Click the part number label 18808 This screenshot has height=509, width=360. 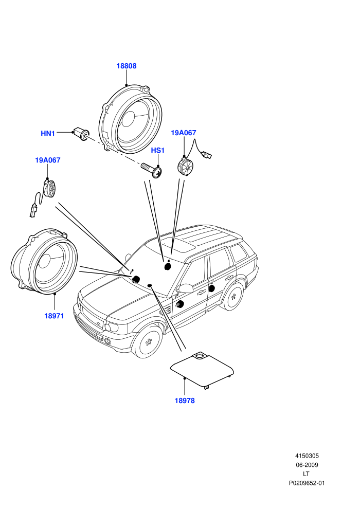tap(127, 66)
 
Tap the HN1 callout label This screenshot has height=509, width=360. tap(48, 133)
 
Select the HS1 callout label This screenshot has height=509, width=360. tap(158, 150)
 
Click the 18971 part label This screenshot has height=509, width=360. tap(54, 316)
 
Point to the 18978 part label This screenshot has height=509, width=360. tap(185, 401)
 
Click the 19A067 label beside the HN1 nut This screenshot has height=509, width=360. tap(48, 160)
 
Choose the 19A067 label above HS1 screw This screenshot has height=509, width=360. tap(184, 133)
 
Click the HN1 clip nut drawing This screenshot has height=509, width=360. tap(81, 133)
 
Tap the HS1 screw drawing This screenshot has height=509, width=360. tap(152, 170)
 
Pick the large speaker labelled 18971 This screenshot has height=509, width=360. tap(44, 262)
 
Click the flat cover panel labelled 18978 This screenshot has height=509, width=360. tap(202, 370)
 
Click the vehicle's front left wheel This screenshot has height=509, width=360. tap(148, 342)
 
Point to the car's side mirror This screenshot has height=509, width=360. tap(185, 288)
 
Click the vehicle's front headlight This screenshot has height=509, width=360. tap(112, 327)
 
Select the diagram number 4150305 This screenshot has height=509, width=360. tap(307, 456)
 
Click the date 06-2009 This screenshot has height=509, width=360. tap(307, 465)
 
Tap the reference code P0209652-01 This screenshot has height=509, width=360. tap(307, 483)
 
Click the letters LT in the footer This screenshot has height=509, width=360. tap(306, 474)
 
